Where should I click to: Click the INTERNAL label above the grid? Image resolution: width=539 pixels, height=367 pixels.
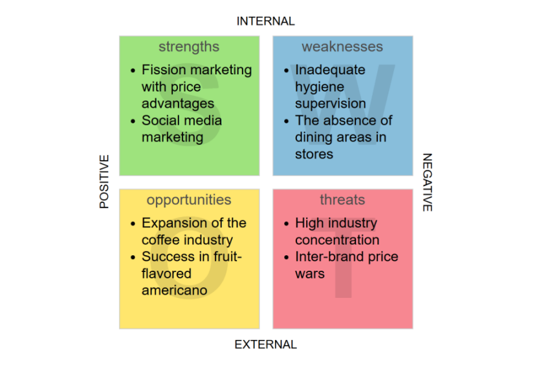265,21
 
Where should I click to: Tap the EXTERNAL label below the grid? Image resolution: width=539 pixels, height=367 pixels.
265,344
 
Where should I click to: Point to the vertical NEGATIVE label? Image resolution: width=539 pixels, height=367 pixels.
427,182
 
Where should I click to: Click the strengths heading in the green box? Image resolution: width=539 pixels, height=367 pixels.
189,47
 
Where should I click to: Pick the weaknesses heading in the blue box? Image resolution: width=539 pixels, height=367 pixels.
342,47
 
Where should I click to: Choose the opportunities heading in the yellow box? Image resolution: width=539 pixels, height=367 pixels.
189,200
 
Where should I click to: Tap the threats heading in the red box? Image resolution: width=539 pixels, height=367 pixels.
342,200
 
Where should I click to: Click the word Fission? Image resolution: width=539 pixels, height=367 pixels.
162,70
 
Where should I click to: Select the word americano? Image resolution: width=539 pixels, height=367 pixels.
175,290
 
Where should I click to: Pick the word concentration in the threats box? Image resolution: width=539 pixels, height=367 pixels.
337,240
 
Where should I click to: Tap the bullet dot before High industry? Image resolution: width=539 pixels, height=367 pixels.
287,224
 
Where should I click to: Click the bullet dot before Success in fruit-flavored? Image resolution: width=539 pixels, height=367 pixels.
133,257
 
